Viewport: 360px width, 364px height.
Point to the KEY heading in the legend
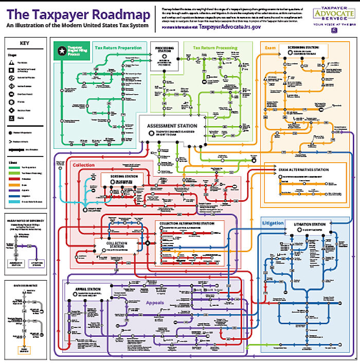pyautogui.click(x=24, y=44)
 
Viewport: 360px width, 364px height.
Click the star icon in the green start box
pyautogui.click(x=62, y=50)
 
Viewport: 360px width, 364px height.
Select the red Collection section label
pyautogui.click(x=83, y=165)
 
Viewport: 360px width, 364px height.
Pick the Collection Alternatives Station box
pyautogui.click(x=189, y=227)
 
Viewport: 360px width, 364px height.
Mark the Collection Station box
pyautogui.click(x=117, y=246)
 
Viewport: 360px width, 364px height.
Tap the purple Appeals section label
pyautogui.click(x=155, y=303)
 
